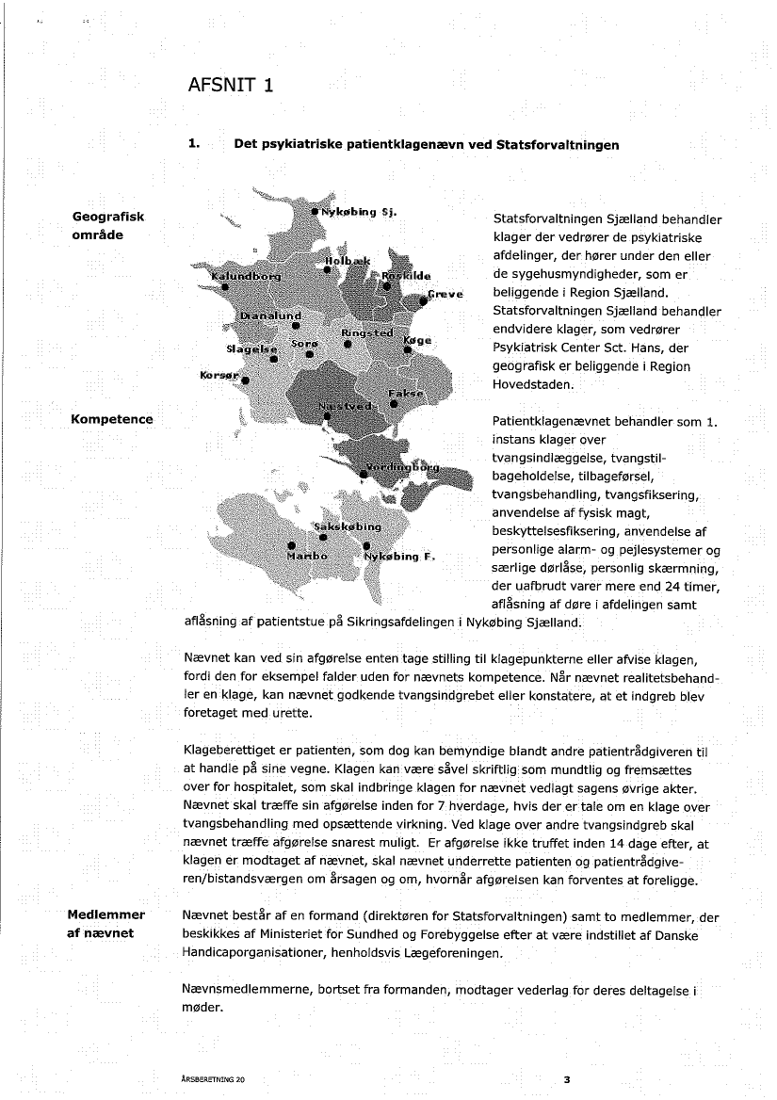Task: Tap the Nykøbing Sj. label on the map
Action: pyautogui.click(x=362, y=211)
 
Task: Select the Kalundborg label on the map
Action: pyautogui.click(x=246, y=275)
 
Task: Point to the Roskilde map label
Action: pyautogui.click(x=406, y=275)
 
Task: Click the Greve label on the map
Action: pyautogui.click(x=446, y=294)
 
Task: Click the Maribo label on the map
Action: pyautogui.click(x=307, y=556)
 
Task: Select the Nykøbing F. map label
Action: pyautogui.click(x=399, y=556)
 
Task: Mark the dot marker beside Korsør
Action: pyautogui.click(x=245, y=381)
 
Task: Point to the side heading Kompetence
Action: pyautogui.click(x=112, y=418)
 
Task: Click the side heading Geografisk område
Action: pyautogui.click(x=108, y=226)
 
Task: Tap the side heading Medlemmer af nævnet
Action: pyautogui.click(x=105, y=923)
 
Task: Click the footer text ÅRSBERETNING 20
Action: pyautogui.click(x=210, y=1079)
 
